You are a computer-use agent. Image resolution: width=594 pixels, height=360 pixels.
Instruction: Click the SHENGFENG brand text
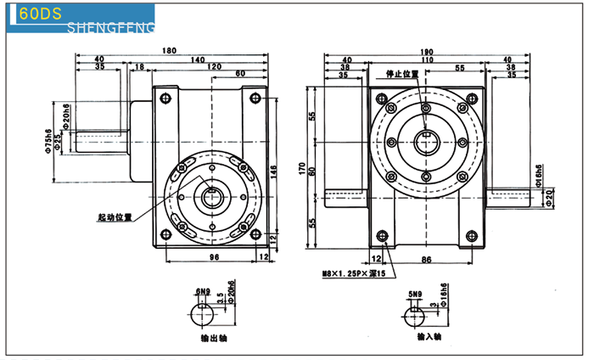(x=109, y=29)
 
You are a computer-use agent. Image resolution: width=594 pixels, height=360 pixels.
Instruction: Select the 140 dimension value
(x=197, y=59)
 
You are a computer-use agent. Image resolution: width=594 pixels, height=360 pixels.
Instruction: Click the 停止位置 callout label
(x=402, y=75)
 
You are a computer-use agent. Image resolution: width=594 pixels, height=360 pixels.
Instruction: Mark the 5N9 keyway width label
(x=415, y=294)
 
